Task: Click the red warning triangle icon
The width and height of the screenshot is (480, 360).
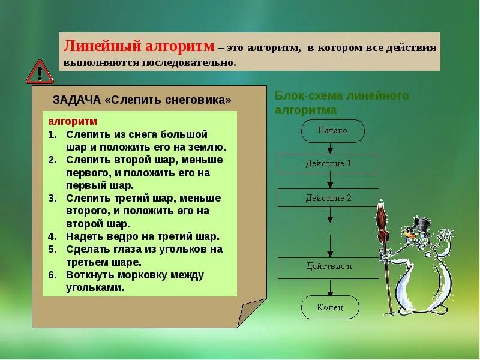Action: [40, 72]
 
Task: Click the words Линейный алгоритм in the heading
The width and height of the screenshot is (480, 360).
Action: [139, 46]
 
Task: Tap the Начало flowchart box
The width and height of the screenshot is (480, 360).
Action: [332, 130]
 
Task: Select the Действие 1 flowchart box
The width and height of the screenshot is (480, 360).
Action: [328, 163]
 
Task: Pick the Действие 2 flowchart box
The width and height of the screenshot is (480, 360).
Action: [328, 197]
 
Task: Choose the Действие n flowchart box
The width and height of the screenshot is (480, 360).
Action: [328, 266]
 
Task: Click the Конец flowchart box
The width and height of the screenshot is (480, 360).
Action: [330, 307]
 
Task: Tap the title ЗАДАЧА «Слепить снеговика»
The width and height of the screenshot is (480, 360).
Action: [142, 100]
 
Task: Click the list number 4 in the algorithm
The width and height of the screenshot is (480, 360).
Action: [52, 236]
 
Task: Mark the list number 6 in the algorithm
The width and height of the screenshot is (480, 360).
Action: [52, 275]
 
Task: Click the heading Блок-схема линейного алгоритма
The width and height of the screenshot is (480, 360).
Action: [341, 103]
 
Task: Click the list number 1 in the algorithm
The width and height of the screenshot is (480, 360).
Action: [52, 134]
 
